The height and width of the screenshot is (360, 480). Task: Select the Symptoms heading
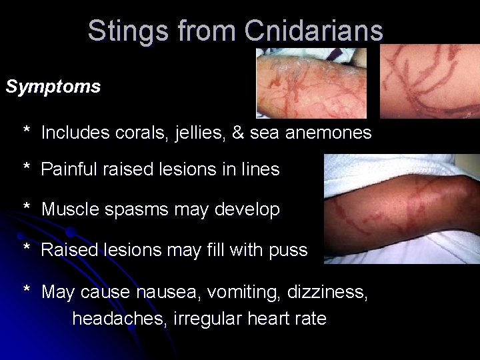(53, 87)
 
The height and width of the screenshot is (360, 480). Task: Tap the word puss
(289, 251)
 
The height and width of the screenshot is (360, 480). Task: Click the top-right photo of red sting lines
(430, 81)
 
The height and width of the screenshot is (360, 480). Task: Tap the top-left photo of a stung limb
(311, 83)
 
